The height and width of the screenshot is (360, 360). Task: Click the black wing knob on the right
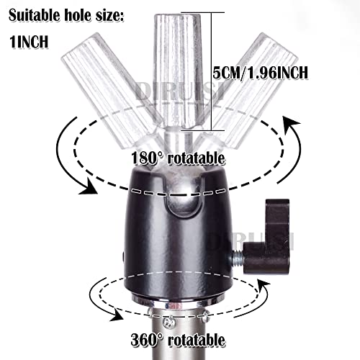[x=269, y=238]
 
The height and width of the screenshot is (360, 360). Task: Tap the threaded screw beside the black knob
[x=237, y=258]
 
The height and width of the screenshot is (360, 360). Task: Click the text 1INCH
[x=29, y=42]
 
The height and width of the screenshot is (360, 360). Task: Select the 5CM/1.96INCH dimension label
[x=261, y=73]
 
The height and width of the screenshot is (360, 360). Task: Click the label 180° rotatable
[x=178, y=158]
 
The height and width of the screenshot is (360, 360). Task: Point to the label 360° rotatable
[x=178, y=340]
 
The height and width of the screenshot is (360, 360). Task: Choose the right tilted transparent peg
[x=247, y=91]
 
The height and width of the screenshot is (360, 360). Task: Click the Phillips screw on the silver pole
[x=169, y=323]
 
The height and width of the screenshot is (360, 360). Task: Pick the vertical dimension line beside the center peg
[x=212, y=71]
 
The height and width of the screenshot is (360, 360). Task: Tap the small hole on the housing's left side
[x=124, y=256]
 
